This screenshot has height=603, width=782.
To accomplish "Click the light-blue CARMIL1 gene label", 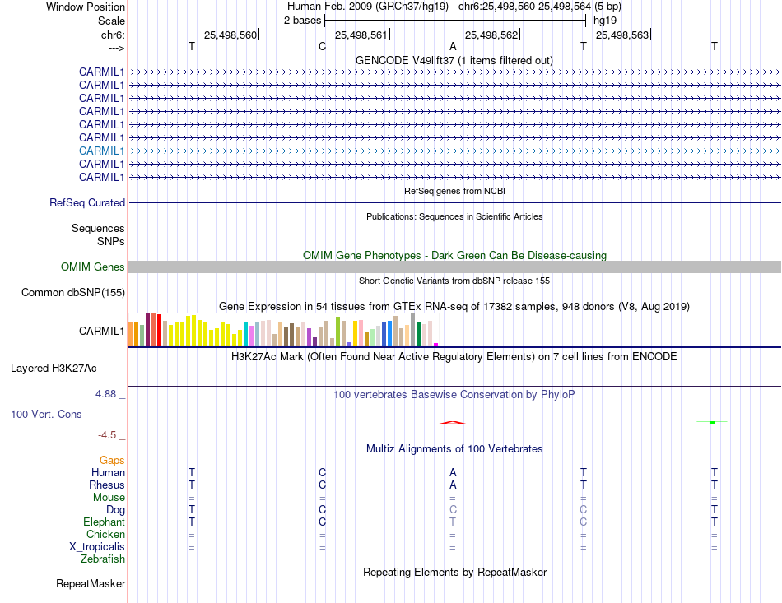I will point(102,151).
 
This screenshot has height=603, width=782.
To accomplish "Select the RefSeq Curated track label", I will point(87,202).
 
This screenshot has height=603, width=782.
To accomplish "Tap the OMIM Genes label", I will point(93,267).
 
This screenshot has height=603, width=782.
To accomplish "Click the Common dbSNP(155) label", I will point(73,292).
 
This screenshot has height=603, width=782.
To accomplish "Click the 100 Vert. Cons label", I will point(46,414).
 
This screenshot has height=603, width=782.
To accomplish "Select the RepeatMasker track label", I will point(91,584).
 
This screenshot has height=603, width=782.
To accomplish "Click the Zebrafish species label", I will point(103,559).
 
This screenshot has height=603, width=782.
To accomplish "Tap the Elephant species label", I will point(104,522).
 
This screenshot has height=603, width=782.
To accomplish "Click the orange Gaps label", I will point(112,460).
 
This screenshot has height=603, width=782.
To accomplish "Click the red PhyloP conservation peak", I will point(453,423).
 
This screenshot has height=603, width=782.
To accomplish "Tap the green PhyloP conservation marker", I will point(711,422).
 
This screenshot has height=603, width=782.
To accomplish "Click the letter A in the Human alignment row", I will point(453,472).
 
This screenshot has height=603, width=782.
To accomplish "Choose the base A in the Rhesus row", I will point(453,485).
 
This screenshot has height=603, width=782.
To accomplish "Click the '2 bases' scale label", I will point(302,20).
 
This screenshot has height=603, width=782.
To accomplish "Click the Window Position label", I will point(86,7).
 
